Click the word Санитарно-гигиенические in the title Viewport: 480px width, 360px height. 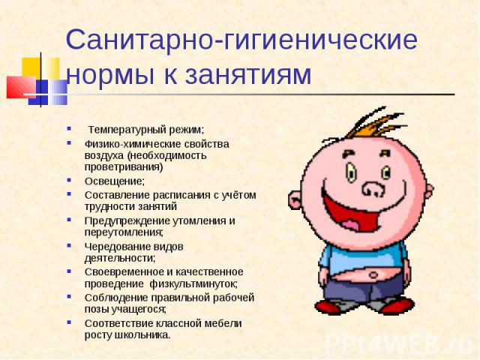click(241, 40)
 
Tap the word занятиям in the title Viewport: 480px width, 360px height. click(248, 74)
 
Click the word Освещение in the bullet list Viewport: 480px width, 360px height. click(113, 181)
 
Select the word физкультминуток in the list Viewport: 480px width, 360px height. click(193, 284)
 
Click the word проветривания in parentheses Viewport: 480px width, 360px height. click(122, 167)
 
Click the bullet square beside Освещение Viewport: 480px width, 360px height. click(69, 180)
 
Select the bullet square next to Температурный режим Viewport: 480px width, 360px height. click(69, 128)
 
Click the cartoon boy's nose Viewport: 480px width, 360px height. click(373, 189)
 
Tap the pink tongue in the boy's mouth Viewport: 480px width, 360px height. click(351, 226)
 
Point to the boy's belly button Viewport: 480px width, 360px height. click(374, 275)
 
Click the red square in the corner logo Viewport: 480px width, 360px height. click(21, 87)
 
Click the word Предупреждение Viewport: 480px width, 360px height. click(127, 221)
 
